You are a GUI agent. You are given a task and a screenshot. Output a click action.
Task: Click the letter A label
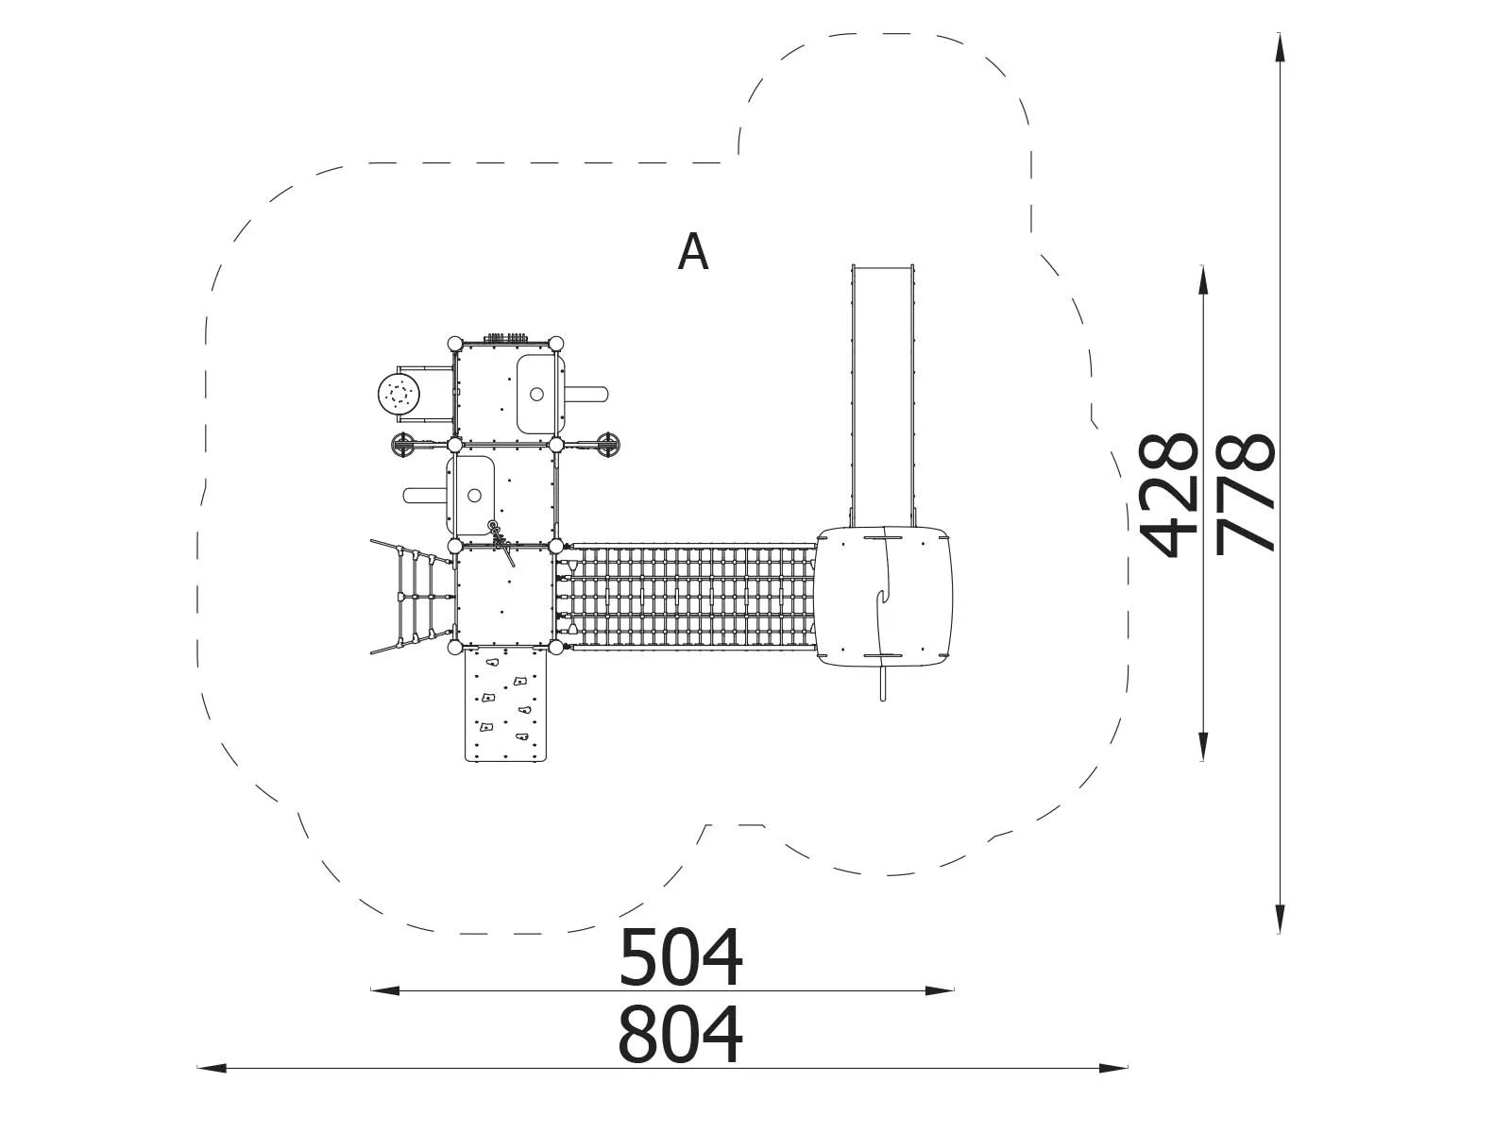coord(692,251)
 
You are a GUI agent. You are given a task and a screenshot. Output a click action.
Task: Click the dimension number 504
coord(680,957)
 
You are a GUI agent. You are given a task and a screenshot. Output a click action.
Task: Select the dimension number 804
coord(680,1034)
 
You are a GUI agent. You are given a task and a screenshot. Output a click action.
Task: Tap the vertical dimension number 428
coord(1167,495)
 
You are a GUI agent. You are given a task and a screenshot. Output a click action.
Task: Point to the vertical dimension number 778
coord(1245,493)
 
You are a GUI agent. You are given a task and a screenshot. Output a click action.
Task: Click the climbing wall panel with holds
coord(506,703)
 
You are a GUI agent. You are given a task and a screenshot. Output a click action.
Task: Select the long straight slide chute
coord(883,396)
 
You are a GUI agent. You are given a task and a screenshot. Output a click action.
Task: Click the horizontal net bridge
coord(689,597)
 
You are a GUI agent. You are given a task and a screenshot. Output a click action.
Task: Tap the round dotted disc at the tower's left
coord(398,394)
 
